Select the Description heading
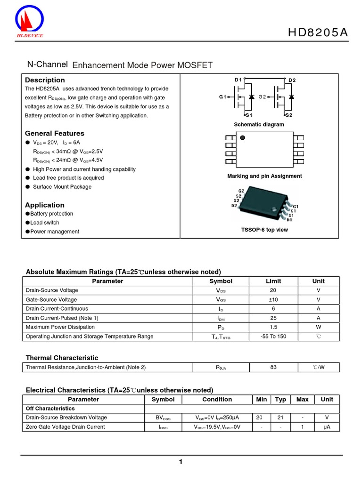[x=45, y=80]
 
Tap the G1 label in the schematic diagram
[x=222, y=97]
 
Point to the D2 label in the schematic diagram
[x=292, y=80]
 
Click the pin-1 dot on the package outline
[x=243, y=138]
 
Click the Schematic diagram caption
[x=259, y=125]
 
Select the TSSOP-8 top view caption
[x=264, y=230]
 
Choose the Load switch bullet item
[x=45, y=223]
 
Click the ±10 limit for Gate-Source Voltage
[x=273, y=299]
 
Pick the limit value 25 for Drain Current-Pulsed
[x=273, y=318]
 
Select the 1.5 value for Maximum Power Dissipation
[x=273, y=327]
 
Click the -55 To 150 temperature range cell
[x=273, y=337]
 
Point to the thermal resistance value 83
[x=273, y=367]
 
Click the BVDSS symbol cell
[x=163, y=418]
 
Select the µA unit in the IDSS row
[x=327, y=427]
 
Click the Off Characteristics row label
[x=50, y=409]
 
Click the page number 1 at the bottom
[x=181, y=462]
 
